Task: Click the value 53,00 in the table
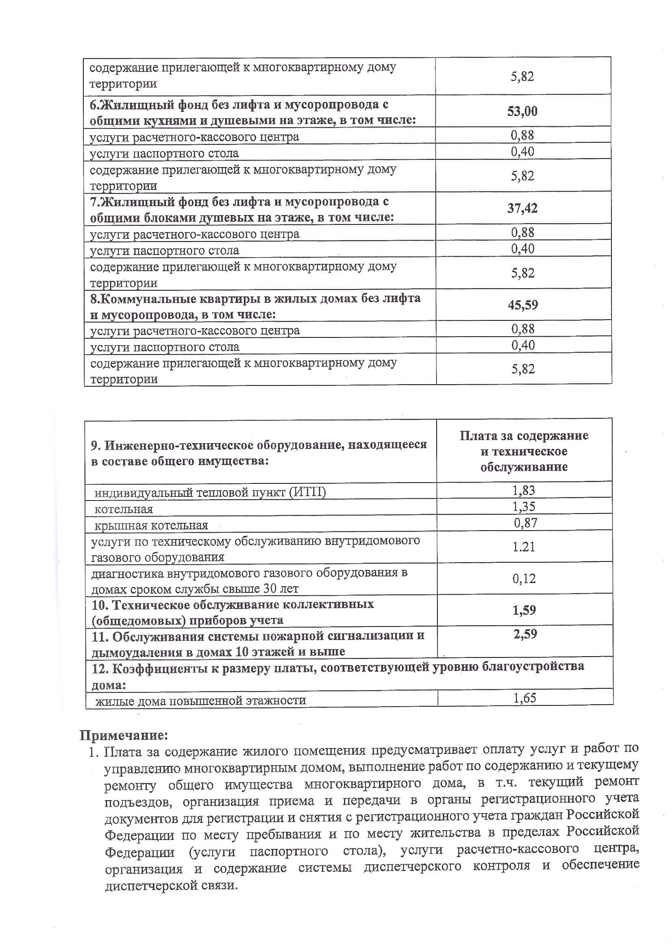(522, 111)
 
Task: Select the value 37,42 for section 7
(522, 208)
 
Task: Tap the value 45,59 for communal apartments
(523, 305)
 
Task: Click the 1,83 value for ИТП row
(524, 490)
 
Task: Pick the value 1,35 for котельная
(524, 507)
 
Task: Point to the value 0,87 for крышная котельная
(525, 523)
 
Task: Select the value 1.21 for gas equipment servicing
(524, 547)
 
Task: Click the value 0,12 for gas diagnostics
(524, 579)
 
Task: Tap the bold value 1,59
(524, 610)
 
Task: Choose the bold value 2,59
(525, 634)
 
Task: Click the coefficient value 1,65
(524, 698)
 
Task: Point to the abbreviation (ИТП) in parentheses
(307, 492)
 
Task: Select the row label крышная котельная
(151, 526)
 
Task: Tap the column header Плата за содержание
(524, 436)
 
